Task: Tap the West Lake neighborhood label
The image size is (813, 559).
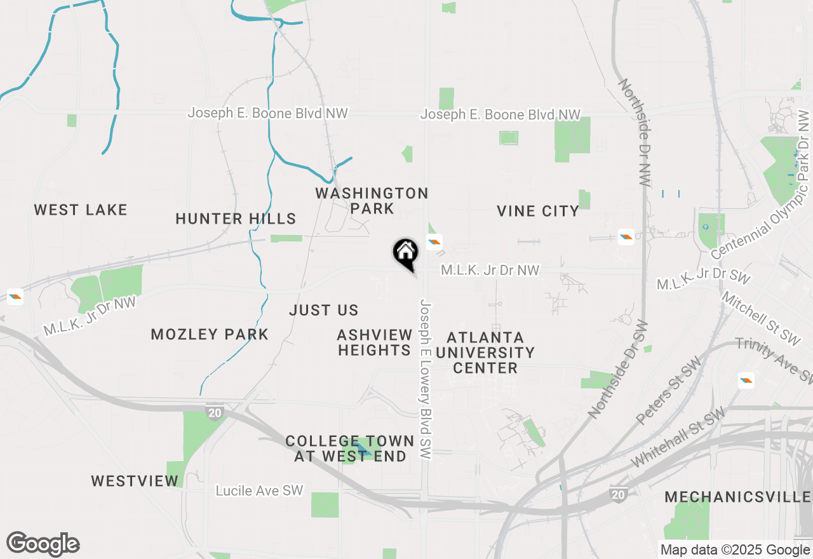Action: click(x=81, y=210)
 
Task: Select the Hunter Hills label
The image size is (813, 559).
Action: click(x=236, y=219)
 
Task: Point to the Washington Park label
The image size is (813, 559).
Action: click(x=372, y=200)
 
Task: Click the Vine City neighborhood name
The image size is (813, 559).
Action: click(x=538, y=211)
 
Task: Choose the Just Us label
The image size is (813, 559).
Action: click(x=324, y=310)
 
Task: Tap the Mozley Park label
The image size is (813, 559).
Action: click(x=210, y=334)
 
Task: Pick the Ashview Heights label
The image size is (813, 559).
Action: click(x=374, y=342)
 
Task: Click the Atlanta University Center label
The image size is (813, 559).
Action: click(x=485, y=353)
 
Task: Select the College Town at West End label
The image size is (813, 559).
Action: click(x=350, y=448)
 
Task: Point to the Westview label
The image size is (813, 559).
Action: click(x=135, y=481)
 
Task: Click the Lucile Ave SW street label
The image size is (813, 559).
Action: click(x=259, y=491)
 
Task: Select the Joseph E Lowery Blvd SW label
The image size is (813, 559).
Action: click(x=425, y=380)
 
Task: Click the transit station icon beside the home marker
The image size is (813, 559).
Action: click(x=434, y=241)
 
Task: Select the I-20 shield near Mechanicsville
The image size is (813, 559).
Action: click(x=619, y=494)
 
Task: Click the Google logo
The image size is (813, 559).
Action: click(x=43, y=544)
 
